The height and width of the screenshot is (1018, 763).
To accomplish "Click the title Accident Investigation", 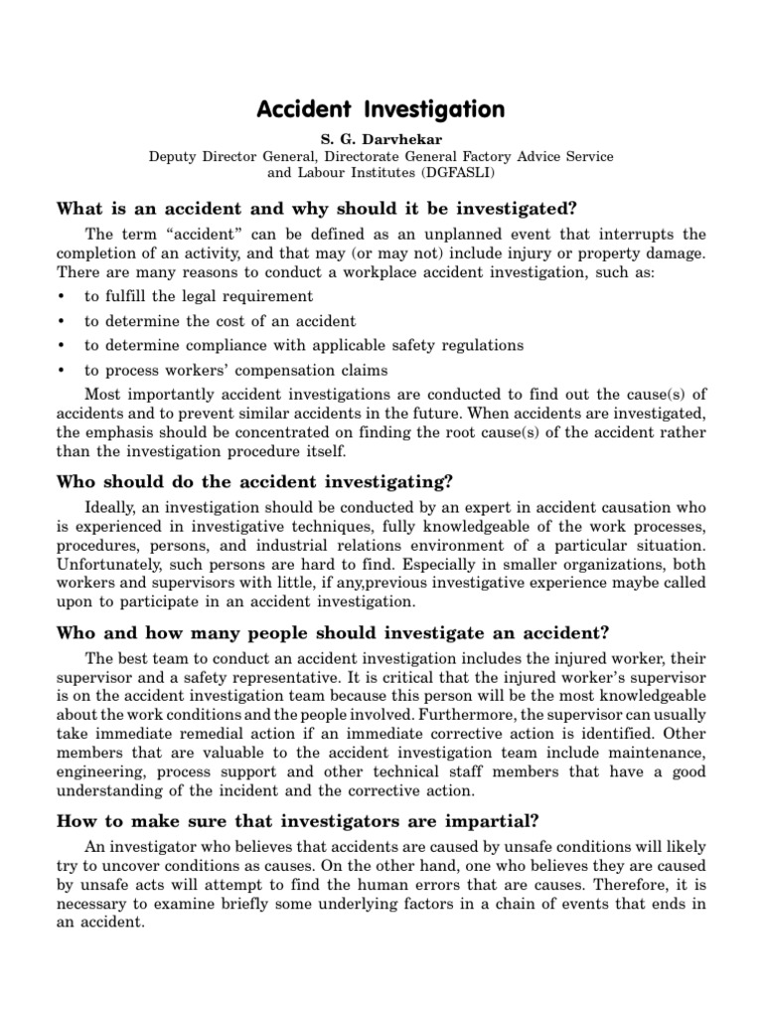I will pos(381,108).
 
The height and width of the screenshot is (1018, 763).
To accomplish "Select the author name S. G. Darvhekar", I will pos(381,139).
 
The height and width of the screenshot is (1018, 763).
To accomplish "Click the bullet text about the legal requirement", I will pos(199,296).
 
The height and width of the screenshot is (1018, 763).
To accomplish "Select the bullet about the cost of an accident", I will pos(220,321).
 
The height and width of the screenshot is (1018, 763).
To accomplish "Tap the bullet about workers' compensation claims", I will pos(235,370).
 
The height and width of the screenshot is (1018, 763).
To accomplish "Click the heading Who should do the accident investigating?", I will pos(255,482).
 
